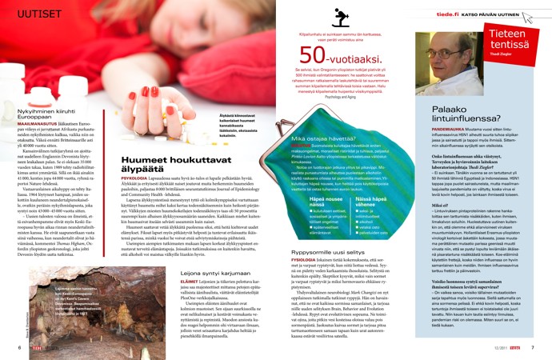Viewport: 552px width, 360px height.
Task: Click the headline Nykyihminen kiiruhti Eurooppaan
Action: click(36, 114)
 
